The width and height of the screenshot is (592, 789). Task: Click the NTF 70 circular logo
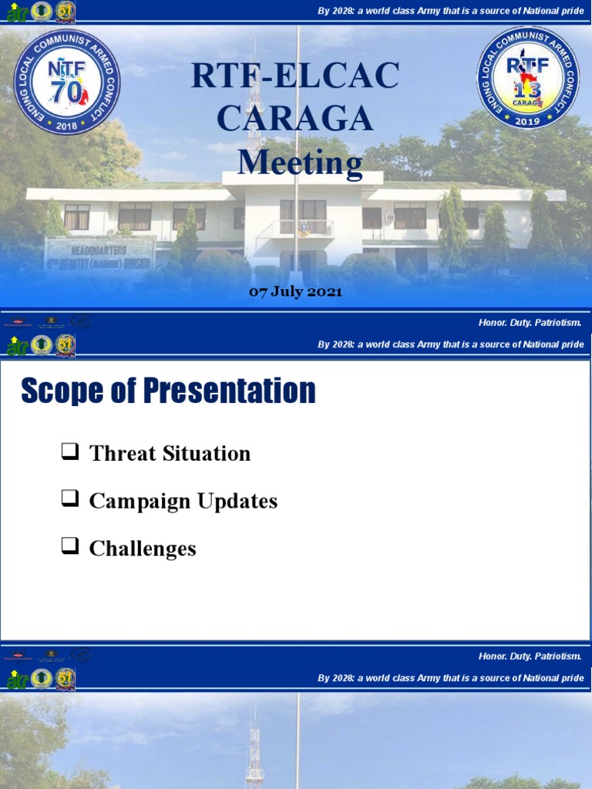tap(68, 82)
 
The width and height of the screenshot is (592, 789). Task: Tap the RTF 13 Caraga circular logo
tap(527, 77)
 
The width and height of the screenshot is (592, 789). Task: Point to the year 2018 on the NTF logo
tap(68, 126)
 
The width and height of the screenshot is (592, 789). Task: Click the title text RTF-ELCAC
tap(295, 76)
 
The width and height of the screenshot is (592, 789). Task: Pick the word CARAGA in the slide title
tap(295, 119)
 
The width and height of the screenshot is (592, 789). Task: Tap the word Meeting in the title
tap(300, 163)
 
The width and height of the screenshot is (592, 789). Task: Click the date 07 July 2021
tap(295, 292)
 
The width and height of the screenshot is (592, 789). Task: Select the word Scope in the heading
tap(62, 391)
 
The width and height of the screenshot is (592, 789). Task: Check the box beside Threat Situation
tap(70, 452)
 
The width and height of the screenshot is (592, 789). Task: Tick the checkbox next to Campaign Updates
tap(70, 500)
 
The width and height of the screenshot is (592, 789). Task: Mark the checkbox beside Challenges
tap(70, 548)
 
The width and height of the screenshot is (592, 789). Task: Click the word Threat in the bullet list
tap(123, 453)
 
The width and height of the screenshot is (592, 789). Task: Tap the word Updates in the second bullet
tap(237, 502)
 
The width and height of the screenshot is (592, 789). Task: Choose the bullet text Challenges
tap(143, 549)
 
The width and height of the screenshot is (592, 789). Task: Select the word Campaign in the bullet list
tap(140, 502)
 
